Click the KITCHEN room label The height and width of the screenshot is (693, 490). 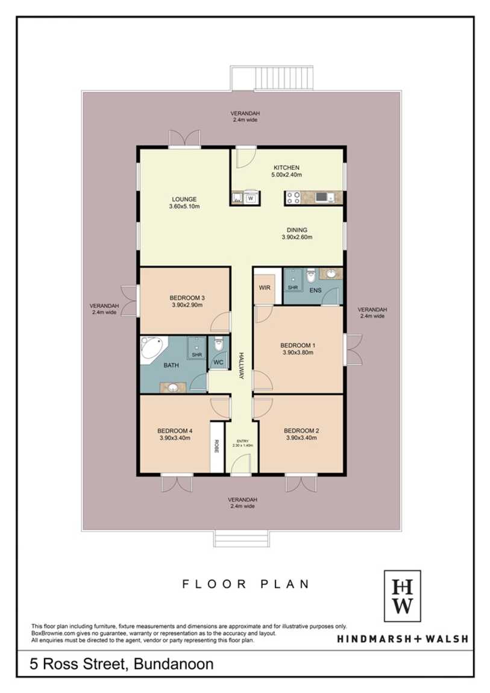(x=286, y=168)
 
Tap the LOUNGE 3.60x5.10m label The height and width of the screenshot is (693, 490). (x=184, y=202)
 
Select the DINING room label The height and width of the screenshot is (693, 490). (x=297, y=230)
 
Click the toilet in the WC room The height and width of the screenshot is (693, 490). (x=218, y=344)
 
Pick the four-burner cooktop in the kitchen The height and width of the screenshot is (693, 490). (x=294, y=197)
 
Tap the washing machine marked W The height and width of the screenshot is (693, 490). (x=251, y=198)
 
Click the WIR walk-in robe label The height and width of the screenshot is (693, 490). (x=265, y=287)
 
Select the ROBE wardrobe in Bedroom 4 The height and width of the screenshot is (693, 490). (x=216, y=447)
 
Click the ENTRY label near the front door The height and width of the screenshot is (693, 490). (x=242, y=441)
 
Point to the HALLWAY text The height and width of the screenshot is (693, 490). (x=242, y=366)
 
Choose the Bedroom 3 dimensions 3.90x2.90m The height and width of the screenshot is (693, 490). (x=186, y=305)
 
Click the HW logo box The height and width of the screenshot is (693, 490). (x=402, y=596)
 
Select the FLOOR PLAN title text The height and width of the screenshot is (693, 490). (x=246, y=584)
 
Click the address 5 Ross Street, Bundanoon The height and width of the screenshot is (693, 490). (x=122, y=663)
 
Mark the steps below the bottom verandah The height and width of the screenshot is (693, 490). (x=241, y=538)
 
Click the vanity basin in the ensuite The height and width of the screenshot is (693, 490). (x=330, y=274)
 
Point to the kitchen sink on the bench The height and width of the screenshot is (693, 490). (x=237, y=198)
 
